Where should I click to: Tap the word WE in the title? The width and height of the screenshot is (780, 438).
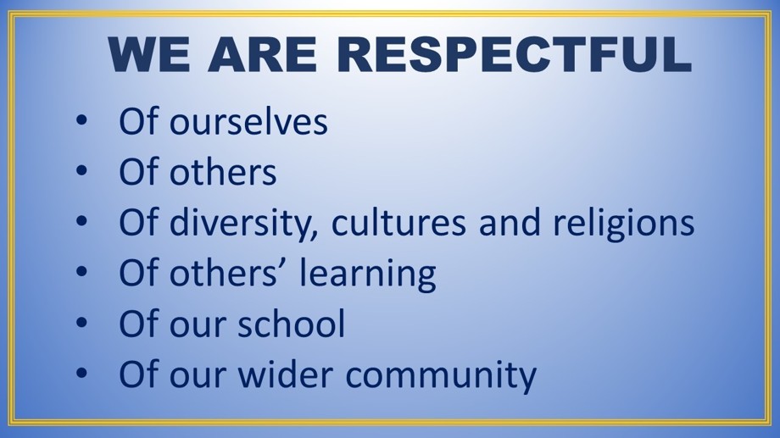point(148,54)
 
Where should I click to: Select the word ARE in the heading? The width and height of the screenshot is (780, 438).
point(262,54)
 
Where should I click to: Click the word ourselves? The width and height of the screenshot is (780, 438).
point(248,123)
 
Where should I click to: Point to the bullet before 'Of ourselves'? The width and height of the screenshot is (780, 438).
point(81,120)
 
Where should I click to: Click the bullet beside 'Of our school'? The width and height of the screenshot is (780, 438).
point(81,322)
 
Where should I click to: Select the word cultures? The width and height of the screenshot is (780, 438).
point(398,222)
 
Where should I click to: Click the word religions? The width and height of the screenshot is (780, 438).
point(624,223)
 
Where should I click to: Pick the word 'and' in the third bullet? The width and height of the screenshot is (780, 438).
point(510,222)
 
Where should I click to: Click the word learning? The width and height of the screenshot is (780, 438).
point(368,274)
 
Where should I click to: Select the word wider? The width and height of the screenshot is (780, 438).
point(285,374)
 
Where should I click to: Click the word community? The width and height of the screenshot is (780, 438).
point(441,376)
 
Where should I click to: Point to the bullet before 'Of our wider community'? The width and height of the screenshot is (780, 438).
point(81,373)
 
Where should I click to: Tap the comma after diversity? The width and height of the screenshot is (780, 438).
point(314,236)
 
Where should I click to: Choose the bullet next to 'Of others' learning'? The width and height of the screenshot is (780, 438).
point(81,271)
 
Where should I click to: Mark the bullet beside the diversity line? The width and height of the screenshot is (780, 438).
point(81,221)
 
